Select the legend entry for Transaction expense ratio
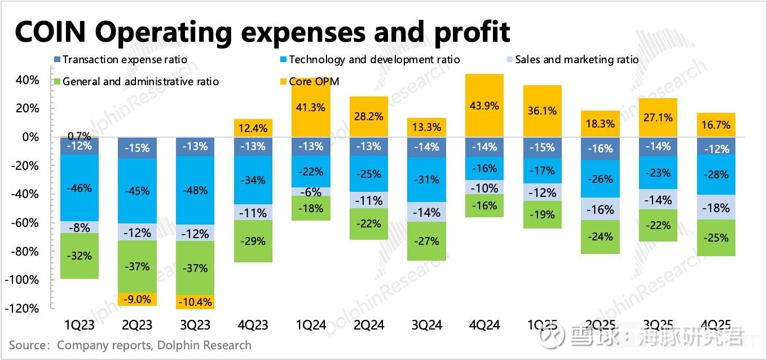tap(125, 59)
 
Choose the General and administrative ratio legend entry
tap(140, 81)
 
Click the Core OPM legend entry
tap(314, 81)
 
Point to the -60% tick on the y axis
tap(26, 223)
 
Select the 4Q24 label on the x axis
tap(484, 325)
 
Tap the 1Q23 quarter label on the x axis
tap(79, 325)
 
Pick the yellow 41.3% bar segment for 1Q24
tap(311, 107)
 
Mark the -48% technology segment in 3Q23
tap(195, 190)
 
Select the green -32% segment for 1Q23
tap(79, 256)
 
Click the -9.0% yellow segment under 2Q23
tap(137, 299)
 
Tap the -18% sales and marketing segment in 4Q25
tap(716, 207)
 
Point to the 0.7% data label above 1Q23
tap(79, 137)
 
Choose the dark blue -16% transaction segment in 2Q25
tap(600, 149)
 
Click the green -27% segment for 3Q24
tap(427, 241)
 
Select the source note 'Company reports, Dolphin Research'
tap(154, 345)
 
